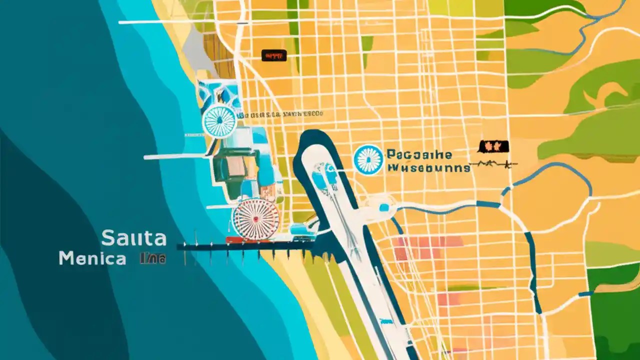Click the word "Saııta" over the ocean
point(133,238)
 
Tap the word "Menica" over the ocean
point(92,258)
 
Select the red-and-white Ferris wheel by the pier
point(255,218)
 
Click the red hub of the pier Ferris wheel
point(255,218)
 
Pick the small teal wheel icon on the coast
point(219,121)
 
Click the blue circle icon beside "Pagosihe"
point(368,160)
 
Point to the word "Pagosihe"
point(419,154)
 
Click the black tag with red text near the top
point(274,55)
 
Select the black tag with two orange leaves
point(493,146)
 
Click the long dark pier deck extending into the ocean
point(245,246)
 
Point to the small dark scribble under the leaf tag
point(495,163)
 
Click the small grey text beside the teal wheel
point(280,114)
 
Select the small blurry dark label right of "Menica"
point(152,259)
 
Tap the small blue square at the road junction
point(384,207)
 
